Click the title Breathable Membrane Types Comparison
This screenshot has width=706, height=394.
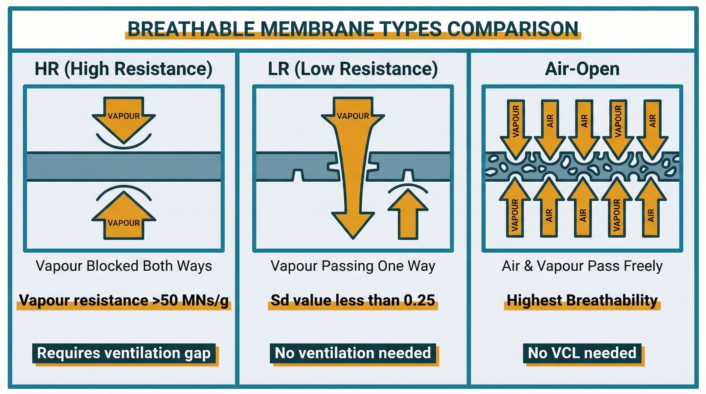coord(353,29)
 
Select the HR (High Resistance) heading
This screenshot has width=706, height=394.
coord(123,69)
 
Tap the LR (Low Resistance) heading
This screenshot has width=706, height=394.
coord(353,69)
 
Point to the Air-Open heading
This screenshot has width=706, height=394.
coord(582,69)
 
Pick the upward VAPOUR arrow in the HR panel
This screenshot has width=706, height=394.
coord(124,219)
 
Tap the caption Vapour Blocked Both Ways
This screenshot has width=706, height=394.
coord(124,266)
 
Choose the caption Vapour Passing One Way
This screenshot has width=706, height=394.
coord(353,266)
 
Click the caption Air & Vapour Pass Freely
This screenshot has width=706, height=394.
coord(582,266)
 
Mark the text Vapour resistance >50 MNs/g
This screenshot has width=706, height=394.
coord(124,300)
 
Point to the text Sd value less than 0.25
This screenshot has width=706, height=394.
coord(353,300)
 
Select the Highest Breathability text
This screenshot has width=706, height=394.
coord(582,300)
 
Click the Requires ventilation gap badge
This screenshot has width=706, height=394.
coord(124,353)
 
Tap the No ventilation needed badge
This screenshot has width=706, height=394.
coord(353,353)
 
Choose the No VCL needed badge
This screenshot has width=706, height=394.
coord(582,353)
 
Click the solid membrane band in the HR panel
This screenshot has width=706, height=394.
coord(124,166)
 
